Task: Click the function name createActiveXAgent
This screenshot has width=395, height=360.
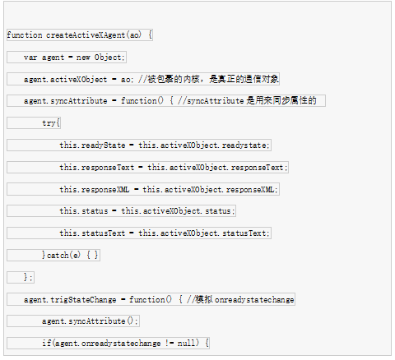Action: pyautogui.click(x=86, y=35)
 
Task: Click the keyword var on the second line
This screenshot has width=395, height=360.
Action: pyautogui.click(x=30, y=58)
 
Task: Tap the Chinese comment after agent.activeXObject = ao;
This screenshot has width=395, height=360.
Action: pyautogui.click(x=213, y=79)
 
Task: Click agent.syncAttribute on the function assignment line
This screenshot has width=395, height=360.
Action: pyautogui.click(x=65, y=101)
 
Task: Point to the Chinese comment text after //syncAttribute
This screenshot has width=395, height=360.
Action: pyautogui.click(x=281, y=101)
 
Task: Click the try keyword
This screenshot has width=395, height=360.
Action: pyautogui.click(x=49, y=123)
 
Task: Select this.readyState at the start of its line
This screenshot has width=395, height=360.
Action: pyautogui.click(x=92, y=145)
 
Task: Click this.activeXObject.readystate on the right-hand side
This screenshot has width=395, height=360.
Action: pyautogui.click(x=202, y=145)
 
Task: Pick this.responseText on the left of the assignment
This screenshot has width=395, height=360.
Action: pyautogui.click(x=97, y=168)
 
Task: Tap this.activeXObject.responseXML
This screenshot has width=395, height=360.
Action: pyautogui.click(x=208, y=189)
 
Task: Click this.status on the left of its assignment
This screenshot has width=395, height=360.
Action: pyautogui.click(x=84, y=211)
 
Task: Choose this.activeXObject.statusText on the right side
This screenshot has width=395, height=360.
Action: pyautogui.click(x=202, y=233)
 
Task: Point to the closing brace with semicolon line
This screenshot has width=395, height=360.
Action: pyautogui.click(x=28, y=277)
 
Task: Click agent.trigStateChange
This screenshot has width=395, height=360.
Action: pyautogui.click(x=70, y=299)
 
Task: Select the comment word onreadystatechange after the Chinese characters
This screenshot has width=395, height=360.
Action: pyautogui.click(x=254, y=300)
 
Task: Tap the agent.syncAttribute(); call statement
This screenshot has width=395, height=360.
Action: pyautogui.click(x=90, y=321)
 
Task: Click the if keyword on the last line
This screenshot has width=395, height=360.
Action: pyautogui.click(x=47, y=343)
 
